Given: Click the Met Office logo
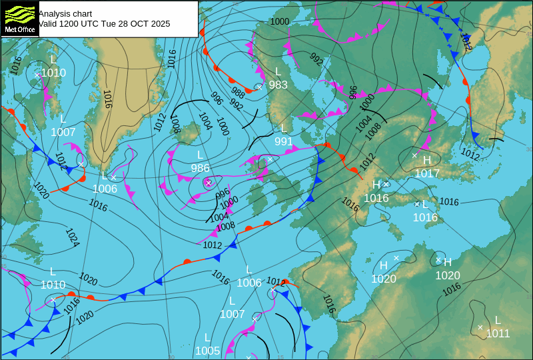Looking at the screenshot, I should [19, 19].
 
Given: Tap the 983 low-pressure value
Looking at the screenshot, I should [278, 85].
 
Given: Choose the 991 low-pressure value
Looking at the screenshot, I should [284, 141].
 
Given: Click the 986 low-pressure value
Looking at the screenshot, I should [200, 168].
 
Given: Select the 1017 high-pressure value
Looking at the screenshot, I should [427, 173].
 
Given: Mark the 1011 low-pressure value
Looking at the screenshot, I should [498, 333].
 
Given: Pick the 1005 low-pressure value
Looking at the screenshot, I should [207, 351].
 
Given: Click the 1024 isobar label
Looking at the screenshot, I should [72, 237].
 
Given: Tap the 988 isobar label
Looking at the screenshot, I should [238, 92].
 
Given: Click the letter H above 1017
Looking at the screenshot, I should [427, 160].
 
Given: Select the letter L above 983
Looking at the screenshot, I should [278, 71].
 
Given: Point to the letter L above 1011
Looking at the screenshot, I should [498, 321].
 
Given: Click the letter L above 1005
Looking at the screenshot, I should [207, 337].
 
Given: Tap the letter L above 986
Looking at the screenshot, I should [200, 155].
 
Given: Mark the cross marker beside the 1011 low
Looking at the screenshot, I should [480, 327].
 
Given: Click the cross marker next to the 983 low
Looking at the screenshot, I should [259, 87].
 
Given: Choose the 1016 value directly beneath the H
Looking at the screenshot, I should [376, 198].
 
